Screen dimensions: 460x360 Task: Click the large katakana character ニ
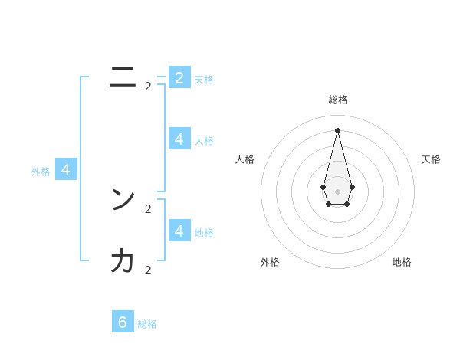(122, 77)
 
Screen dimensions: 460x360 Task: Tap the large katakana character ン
(123, 200)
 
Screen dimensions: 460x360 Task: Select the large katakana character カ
(123, 261)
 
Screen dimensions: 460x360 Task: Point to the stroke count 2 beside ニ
(148, 87)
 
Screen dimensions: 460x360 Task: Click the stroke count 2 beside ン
(148, 208)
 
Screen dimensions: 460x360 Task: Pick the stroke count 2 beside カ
(148, 270)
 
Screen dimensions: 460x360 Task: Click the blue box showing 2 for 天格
(179, 77)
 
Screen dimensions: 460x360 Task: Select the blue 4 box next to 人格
(179, 139)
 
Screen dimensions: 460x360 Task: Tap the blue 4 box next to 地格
(179, 231)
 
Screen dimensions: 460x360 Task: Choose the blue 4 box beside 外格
(66, 169)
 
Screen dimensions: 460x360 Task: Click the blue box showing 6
(123, 322)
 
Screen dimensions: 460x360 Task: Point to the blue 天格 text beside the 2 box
(204, 80)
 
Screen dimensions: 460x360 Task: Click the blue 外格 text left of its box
(41, 172)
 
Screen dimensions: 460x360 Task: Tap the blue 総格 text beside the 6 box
(147, 324)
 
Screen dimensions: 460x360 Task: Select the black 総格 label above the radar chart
(338, 100)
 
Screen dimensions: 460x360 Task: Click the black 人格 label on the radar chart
(245, 159)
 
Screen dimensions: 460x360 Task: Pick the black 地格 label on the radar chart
(402, 262)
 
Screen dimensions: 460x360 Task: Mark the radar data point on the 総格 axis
(337, 129)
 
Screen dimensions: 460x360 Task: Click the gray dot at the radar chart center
(337, 191)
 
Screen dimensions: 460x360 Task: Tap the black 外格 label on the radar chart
(270, 262)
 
